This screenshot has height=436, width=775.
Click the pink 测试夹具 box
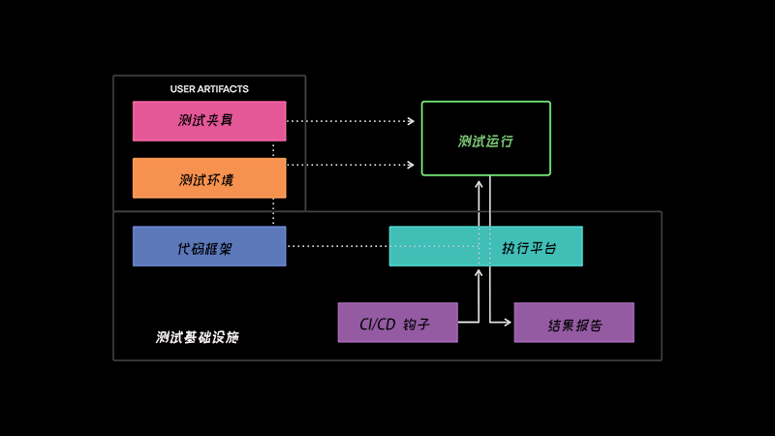(209, 121)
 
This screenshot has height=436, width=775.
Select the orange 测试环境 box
(209, 178)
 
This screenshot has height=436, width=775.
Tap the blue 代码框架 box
(209, 246)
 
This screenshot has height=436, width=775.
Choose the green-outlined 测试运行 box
(486, 139)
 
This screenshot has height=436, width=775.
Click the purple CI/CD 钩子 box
(398, 323)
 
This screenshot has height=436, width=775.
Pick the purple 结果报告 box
(573, 323)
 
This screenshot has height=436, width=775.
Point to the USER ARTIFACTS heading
(209, 89)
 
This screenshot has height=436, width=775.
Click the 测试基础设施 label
(198, 337)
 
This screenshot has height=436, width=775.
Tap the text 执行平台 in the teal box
(529, 248)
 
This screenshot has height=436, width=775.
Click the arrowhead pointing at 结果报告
(508, 323)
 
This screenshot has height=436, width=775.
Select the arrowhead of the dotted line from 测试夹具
(411, 121)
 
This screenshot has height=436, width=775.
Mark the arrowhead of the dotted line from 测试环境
(411, 165)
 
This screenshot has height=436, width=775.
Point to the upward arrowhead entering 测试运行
(479, 184)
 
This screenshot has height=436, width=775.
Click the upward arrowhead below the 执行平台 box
(479, 273)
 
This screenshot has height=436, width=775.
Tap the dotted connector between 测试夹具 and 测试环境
(273, 150)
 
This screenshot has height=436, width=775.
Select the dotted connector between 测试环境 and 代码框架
(273, 212)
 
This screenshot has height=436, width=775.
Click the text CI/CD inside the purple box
(378, 325)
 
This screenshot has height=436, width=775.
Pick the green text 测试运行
(485, 141)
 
